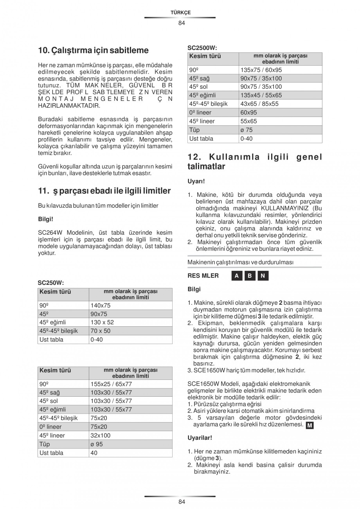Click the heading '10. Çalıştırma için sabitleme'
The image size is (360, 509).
93,50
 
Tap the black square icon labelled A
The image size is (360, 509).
236,276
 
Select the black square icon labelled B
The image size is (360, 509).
250,276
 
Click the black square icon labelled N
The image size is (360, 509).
263,276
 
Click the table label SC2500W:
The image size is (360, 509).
202,48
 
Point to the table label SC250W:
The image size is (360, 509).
51,282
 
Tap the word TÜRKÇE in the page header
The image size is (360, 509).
180,13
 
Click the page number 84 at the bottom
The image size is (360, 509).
181,502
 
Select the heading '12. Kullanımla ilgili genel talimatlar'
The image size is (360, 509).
255,162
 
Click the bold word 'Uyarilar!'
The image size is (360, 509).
200,438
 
